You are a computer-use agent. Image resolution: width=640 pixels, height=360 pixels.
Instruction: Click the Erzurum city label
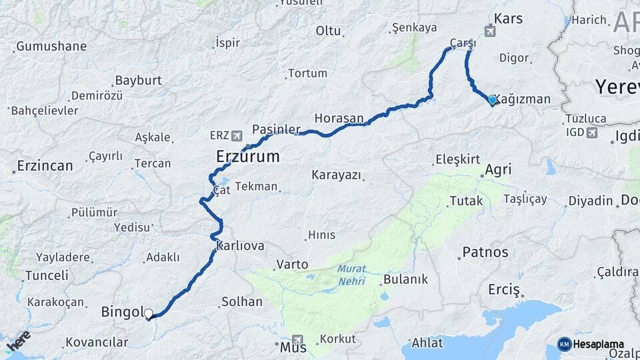point(247,157)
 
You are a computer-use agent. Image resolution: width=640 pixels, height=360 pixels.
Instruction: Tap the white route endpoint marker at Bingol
point(148,313)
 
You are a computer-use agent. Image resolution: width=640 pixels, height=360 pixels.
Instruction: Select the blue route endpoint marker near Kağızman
point(492,100)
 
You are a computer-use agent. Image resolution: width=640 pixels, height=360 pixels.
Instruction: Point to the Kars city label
point(509,18)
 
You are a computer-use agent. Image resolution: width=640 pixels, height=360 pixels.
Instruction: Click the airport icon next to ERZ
point(236,135)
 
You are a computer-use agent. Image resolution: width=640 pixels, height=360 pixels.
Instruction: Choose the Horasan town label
point(339,118)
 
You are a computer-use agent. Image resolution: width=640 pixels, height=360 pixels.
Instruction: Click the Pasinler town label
point(277,129)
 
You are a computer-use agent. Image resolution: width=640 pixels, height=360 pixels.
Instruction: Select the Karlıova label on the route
point(240,246)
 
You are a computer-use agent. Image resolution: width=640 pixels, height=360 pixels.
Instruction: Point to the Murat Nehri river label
point(351,275)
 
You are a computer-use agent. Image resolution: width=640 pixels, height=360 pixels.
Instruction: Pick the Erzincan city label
point(45,165)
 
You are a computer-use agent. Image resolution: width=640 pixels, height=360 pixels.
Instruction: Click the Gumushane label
point(51,47)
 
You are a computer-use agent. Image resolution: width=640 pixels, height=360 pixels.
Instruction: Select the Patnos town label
point(485,253)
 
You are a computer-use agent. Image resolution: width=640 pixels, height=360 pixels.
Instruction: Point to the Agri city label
point(498,169)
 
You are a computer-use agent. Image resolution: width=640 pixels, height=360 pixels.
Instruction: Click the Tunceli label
point(47,275)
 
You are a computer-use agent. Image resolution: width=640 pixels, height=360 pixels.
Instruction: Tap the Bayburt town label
point(139,80)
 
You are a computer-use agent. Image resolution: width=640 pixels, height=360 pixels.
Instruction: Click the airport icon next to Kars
point(491,30)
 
